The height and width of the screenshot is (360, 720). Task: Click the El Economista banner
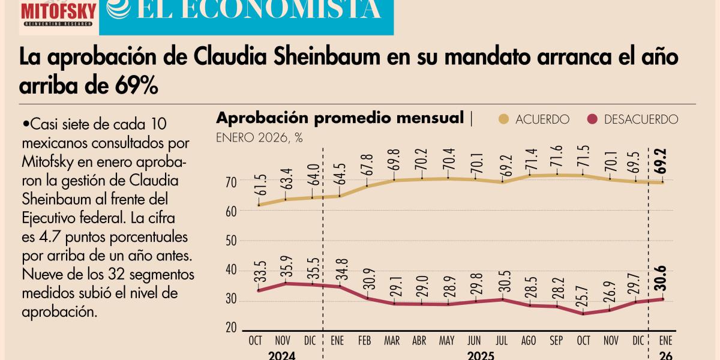(246, 15)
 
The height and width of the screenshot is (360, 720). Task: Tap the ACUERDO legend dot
(503, 119)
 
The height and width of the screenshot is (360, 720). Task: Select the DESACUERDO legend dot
(593, 119)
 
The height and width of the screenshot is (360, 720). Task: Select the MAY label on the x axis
(446, 340)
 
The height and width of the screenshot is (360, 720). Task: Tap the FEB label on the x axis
(365, 340)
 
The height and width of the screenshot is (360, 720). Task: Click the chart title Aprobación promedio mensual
(340, 118)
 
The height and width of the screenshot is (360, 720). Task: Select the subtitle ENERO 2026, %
(259, 138)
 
